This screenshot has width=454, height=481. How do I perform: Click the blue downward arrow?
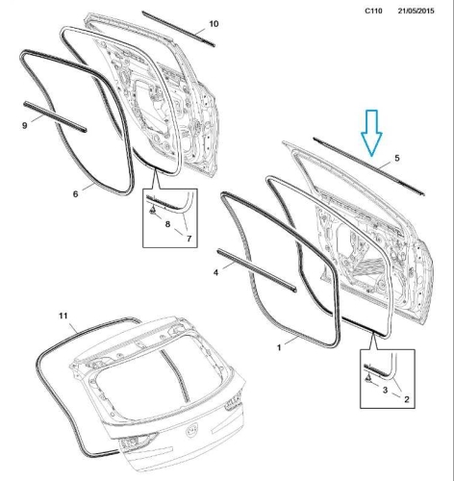coord(371,133)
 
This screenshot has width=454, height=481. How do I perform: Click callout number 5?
coord(397,158)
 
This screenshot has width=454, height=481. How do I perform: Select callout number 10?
coord(214,24)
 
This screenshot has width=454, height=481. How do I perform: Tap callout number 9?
coord(25,125)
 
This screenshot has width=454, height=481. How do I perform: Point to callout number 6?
coord(75,194)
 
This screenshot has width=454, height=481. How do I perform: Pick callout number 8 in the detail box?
coord(167,224)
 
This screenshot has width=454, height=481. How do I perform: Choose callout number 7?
coord(189,239)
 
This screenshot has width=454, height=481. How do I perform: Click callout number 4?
coord(215,272)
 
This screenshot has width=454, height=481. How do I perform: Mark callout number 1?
coord(279,347)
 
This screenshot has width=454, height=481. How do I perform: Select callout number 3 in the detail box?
coord(385,390)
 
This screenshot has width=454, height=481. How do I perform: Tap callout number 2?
coord(407,399)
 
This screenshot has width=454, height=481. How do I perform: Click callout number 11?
coord(63,316)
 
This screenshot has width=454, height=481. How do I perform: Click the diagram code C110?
coord(373,11)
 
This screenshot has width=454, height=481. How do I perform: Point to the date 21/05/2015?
coord(416,11)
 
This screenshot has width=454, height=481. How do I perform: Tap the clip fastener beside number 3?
coord(368,378)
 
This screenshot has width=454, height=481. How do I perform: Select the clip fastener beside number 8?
coord(152,210)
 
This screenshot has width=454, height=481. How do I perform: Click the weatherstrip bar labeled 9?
coord(55,116)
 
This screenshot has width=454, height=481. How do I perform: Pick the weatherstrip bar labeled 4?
coord(257,270)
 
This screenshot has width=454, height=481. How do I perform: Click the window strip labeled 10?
coord(178,29)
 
